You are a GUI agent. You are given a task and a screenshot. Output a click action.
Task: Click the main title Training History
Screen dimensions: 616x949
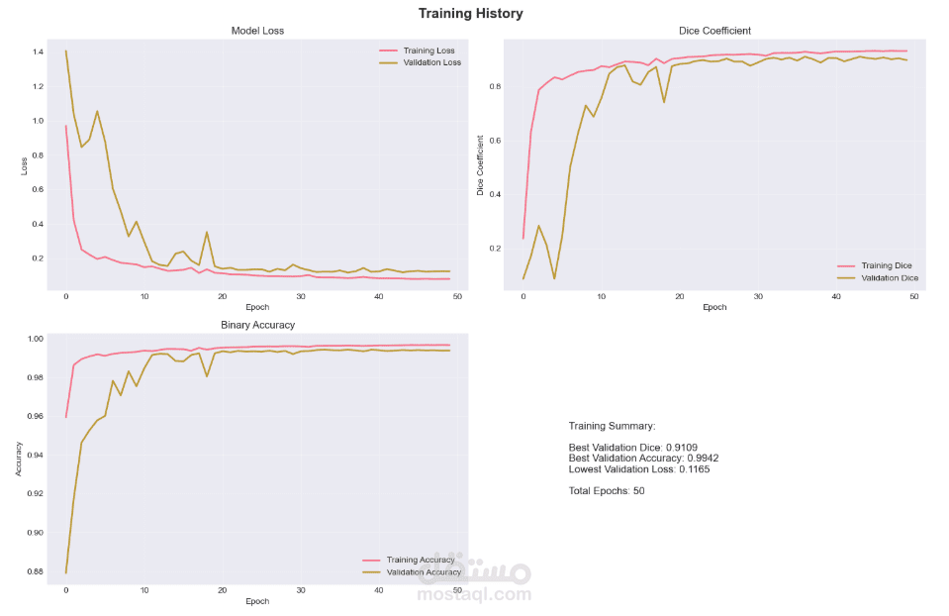coord(470,14)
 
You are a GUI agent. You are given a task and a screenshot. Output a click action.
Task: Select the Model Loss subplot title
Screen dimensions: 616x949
coord(256,31)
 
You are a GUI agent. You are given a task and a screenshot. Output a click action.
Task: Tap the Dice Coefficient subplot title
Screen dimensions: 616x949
coord(714,31)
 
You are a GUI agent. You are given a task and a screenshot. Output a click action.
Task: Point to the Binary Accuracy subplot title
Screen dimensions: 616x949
coord(256,325)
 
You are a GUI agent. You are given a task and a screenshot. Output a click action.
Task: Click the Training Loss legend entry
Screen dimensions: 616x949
coord(428,50)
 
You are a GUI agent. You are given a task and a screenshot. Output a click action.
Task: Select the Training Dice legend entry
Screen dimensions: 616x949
coord(886,265)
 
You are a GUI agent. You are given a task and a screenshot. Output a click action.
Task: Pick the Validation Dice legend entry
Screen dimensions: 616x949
coord(890,278)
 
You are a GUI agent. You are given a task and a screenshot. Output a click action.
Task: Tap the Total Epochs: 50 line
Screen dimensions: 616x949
coord(607,491)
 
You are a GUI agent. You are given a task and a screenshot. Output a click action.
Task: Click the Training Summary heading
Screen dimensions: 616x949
coord(612,426)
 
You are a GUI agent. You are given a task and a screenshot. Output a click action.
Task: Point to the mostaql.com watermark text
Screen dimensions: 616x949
coord(474,595)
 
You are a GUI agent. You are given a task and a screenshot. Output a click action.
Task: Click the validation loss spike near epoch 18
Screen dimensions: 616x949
coord(207,233)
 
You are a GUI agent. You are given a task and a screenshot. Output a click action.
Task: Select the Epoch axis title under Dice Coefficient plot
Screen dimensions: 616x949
coord(714,307)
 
